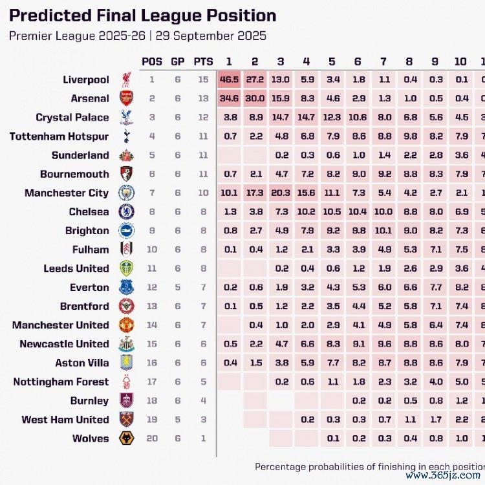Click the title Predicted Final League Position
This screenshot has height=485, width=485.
point(143,16)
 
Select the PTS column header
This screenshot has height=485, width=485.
point(203,61)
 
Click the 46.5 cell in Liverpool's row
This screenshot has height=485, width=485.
point(229,80)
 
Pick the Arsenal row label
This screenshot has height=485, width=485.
point(90,99)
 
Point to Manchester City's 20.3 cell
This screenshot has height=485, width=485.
point(281,193)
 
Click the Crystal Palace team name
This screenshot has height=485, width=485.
point(72,118)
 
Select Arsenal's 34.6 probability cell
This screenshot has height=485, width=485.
point(229,99)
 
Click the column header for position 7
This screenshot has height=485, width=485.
point(383,61)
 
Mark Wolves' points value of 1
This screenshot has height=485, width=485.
point(203,438)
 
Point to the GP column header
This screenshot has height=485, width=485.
point(177,61)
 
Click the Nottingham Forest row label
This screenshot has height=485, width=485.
point(61,382)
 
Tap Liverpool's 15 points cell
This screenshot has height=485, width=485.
point(203,80)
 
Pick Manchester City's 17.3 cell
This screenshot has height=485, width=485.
point(255,193)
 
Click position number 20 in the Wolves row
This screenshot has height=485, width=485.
point(152,438)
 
